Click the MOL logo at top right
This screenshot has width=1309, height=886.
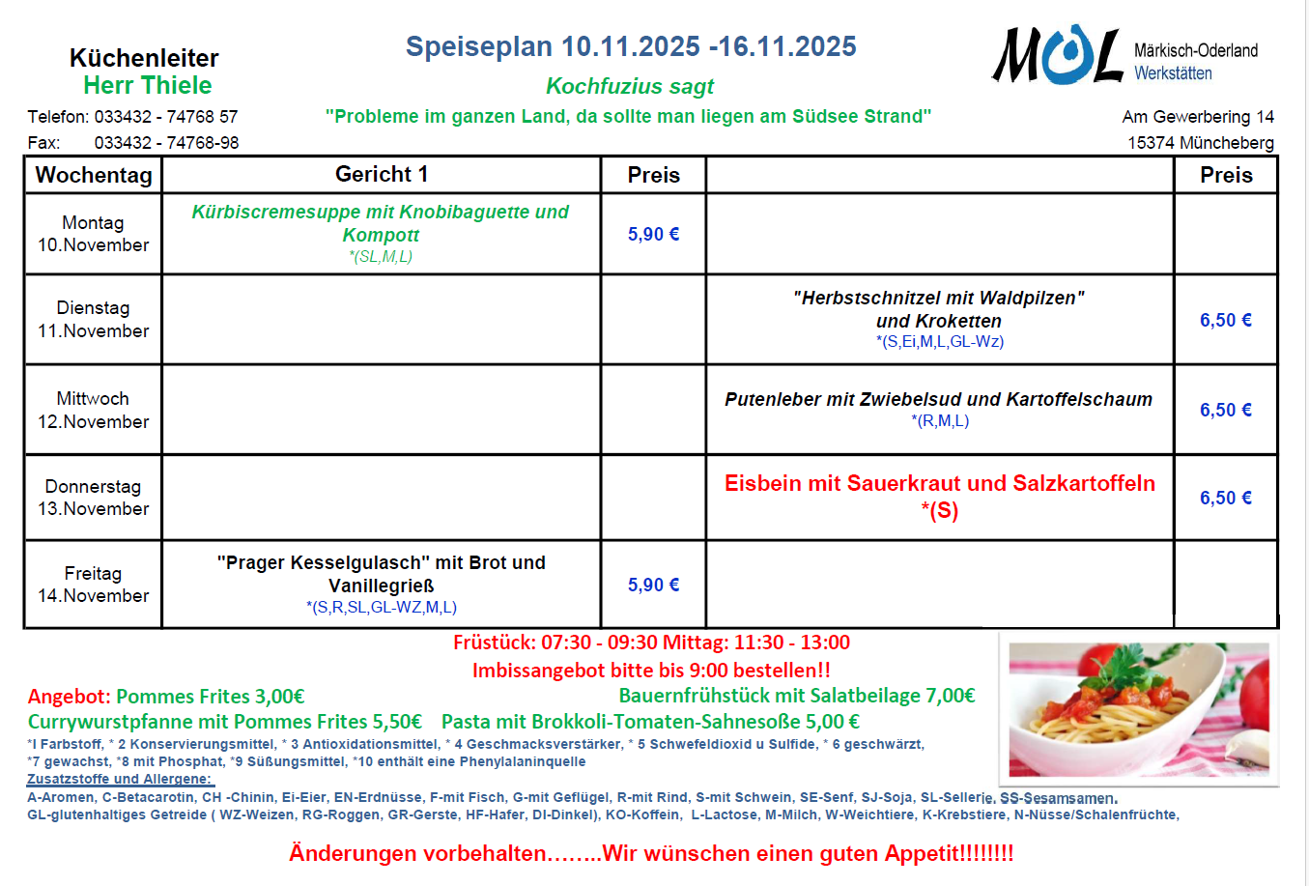click(x=1058, y=56)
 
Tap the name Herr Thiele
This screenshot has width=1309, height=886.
click(x=147, y=85)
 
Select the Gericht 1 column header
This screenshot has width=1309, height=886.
click(x=382, y=174)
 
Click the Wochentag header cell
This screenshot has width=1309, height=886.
click(x=94, y=175)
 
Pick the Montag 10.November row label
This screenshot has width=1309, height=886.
click(x=93, y=234)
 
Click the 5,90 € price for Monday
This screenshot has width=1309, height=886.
click(x=653, y=234)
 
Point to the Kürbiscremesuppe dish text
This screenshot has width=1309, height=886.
click(x=381, y=223)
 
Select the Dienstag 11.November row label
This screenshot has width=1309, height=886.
click(x=93, y=319)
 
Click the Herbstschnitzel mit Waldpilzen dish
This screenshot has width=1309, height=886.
click(x=939, y=309)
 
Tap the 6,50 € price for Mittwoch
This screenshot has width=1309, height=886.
click(x=1225, y=410)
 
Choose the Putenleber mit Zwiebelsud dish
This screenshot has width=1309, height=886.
click(x=939, y=399)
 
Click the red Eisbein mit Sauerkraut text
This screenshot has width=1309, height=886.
click(x=939, y=484)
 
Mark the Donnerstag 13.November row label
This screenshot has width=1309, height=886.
click(x=93, y=498)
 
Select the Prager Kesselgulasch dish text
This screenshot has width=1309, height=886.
click(x=381, y=574)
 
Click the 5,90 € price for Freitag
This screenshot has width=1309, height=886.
click(x=653, y=585)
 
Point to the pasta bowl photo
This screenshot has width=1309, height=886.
click(x=1138, y=709)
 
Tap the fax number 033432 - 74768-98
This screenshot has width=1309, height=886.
click(x=166, y=143)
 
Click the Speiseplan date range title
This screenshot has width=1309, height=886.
click(x=631, y=46)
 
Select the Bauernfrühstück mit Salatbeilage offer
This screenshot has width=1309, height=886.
click(x=796, y=696)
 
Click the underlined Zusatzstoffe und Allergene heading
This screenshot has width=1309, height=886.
click(x=120, y=779)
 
